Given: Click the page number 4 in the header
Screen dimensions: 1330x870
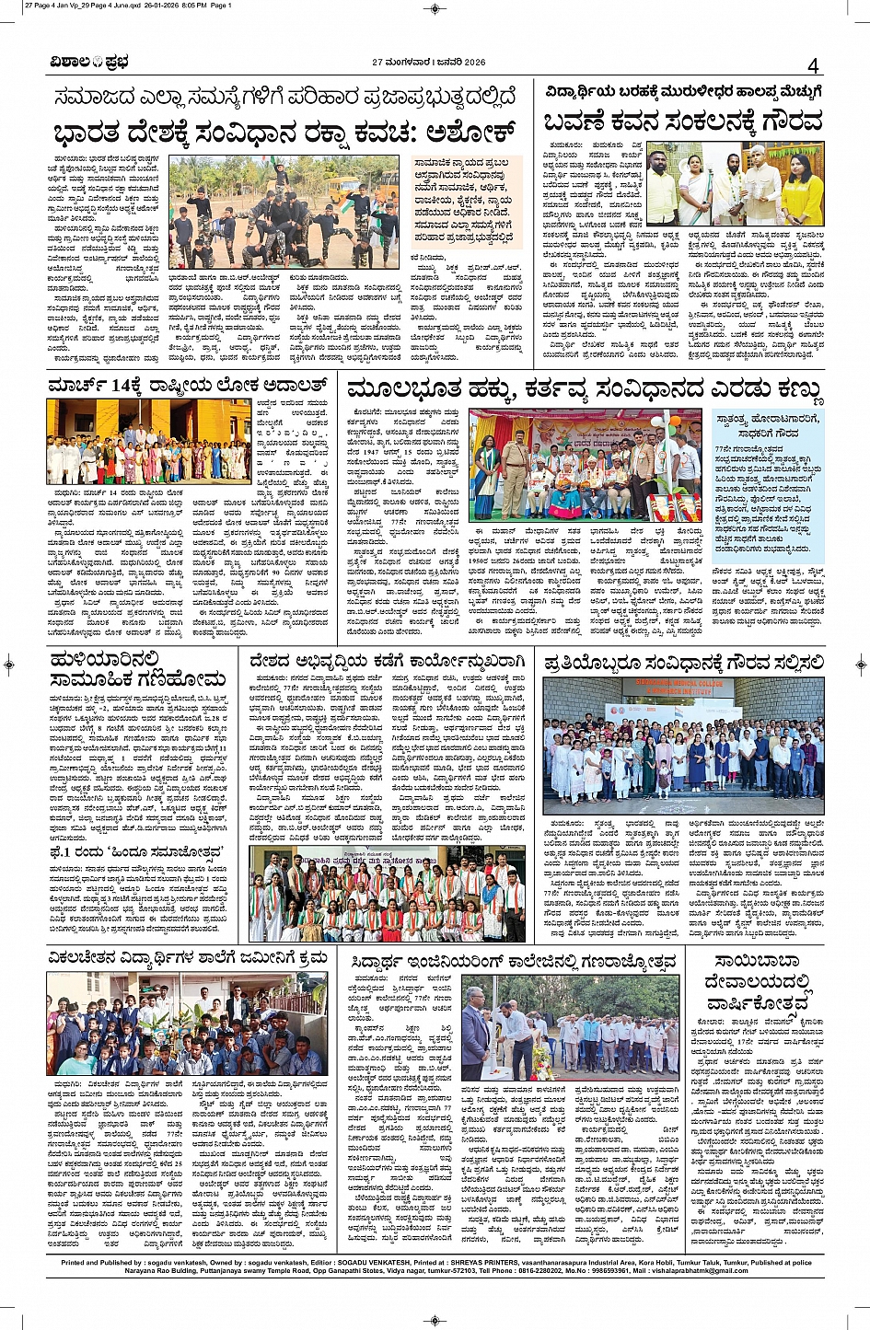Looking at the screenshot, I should [813, 65].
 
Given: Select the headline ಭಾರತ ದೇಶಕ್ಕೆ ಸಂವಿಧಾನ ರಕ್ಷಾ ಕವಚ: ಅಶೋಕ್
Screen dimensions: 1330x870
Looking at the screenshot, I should [284, 131].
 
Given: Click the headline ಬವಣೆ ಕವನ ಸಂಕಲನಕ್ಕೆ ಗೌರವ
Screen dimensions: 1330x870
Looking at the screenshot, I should [682, 121].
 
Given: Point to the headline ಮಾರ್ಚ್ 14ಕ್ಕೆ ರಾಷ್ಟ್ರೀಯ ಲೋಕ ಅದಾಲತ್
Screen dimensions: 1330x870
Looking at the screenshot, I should [188, 384].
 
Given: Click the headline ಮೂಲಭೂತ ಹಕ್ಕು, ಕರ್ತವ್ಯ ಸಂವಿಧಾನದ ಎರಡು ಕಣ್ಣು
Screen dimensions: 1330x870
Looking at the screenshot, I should [584, 389].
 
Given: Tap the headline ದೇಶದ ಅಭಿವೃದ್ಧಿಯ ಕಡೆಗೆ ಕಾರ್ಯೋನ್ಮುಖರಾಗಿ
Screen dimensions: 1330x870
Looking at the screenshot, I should [387, 661].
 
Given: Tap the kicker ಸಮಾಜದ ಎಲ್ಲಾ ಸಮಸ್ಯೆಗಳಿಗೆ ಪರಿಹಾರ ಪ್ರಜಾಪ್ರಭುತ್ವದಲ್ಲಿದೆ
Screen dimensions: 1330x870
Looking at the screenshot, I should [284, 96].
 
